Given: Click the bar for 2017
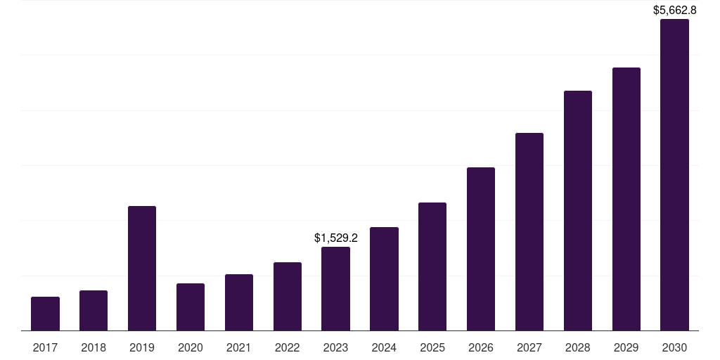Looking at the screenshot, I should click(45, 314).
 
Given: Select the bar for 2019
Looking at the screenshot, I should click(142, 268).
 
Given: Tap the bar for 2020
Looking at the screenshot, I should click(191, 307).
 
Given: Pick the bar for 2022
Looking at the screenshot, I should click(288, 296).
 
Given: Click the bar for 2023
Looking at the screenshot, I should click(335, 288).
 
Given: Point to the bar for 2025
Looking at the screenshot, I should click(432, 266).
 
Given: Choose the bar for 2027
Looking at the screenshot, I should click(529, 231).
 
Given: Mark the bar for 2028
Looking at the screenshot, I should click(578, 210).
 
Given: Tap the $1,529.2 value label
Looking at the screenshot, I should click(335, 238).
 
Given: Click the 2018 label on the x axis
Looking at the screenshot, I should click(94, 347).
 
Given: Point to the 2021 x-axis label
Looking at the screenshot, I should click(239, 347).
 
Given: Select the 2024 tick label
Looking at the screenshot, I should click(384, 347).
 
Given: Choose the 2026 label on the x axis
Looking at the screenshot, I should click(481, 347).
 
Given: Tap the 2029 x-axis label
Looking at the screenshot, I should click(626, 347).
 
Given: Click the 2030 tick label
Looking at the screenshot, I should click(674, 347).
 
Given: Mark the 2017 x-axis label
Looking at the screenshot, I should click(45, 347).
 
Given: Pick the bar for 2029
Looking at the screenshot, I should click(626, 199).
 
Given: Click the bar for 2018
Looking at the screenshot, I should click(94, 310).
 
